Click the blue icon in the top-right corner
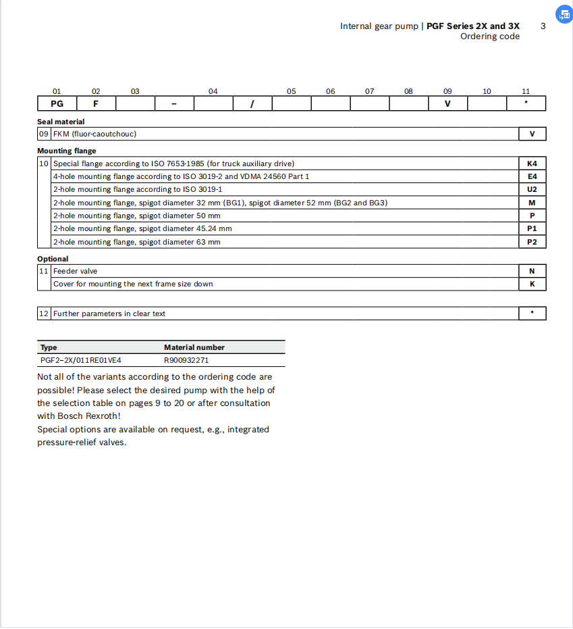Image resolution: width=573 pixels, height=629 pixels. [564, 14]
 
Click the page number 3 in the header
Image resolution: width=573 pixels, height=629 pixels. [543, 26]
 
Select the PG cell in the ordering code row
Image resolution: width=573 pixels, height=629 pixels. [57, 104]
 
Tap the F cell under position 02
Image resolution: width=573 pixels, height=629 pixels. [96, 104]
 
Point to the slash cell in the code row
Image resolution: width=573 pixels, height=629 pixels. [252, 104]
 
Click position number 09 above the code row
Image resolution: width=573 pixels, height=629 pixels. [447, 91]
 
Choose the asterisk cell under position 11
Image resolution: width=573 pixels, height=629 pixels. [526, 104]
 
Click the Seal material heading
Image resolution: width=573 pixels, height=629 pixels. [61, 122]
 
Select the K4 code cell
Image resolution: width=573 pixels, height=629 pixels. [532, 163]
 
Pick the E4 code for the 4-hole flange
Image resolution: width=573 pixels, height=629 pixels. [532, 176]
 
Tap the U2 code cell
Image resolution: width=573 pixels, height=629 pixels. [532, 190]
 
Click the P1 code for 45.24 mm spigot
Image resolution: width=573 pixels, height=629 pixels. [532, 229]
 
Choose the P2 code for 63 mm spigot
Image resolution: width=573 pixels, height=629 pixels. [532, 242]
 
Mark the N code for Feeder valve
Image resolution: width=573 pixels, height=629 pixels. [532, 271]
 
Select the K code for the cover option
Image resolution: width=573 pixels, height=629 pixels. [532, 284]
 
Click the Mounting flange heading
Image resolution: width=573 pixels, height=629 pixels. [66, 151]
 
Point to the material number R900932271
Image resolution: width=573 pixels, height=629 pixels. [186, 361]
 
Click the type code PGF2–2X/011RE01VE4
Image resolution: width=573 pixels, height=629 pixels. [81, 361]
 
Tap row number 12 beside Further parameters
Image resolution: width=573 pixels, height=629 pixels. [44, 313]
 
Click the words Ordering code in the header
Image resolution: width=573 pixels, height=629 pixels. [490, 36]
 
